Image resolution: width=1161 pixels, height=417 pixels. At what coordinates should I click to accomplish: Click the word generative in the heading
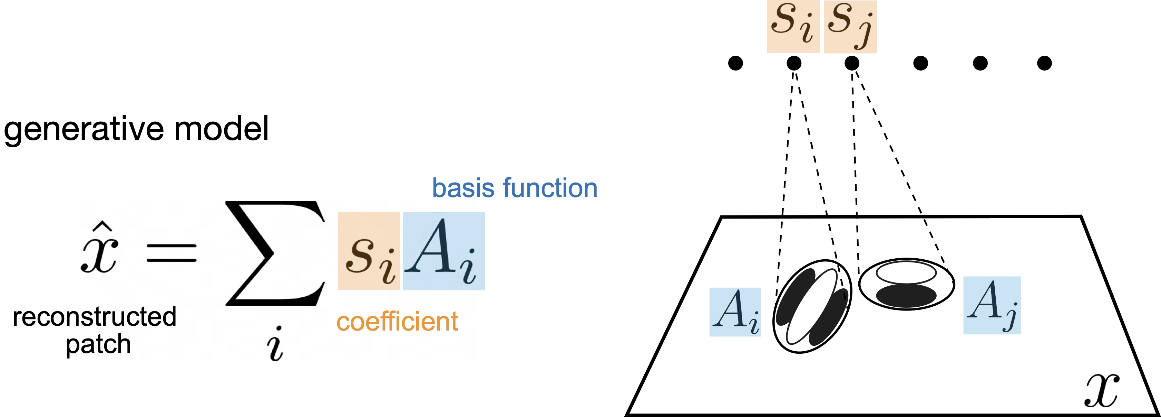(79, 131)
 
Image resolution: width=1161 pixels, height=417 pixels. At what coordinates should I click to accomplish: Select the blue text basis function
(515, 189)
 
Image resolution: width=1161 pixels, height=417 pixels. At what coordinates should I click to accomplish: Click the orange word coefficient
(398, 322)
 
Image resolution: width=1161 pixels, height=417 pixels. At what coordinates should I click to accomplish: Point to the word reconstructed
(94, 318)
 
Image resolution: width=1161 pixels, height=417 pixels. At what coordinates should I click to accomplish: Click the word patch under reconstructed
(99, 346)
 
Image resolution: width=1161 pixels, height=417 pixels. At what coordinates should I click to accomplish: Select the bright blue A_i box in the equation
(443, 251)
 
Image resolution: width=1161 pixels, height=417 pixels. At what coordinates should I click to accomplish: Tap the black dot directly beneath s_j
(851, 63)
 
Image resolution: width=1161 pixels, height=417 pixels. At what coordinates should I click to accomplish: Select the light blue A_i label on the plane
(735, 312)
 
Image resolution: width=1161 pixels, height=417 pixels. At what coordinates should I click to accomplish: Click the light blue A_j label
(992, 306)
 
